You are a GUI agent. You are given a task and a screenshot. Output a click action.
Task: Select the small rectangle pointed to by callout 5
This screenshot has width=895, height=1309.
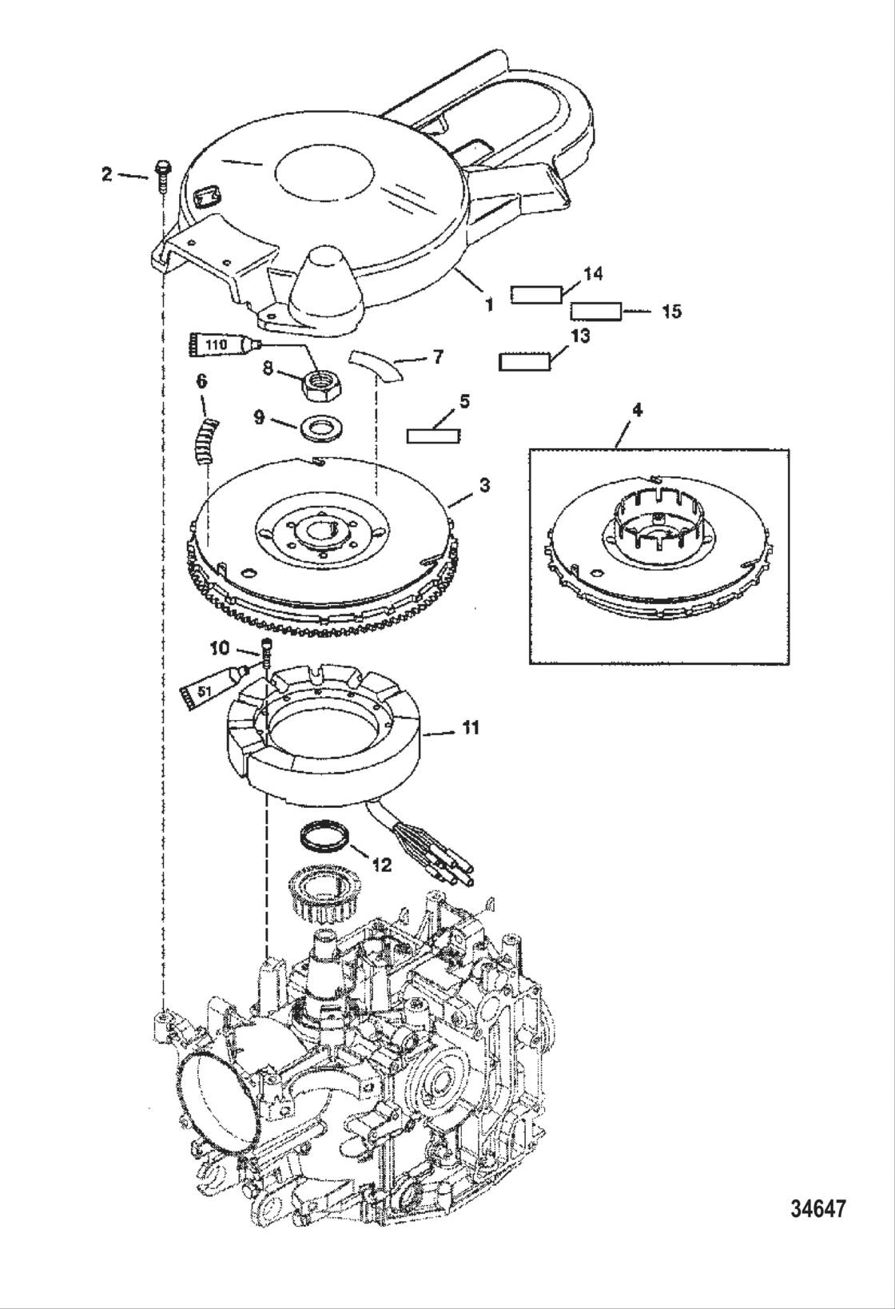click(434, 436)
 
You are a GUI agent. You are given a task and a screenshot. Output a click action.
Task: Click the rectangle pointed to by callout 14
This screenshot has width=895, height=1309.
click(535, 294)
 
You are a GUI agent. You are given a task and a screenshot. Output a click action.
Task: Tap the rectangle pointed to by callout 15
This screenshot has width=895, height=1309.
click(595, 311)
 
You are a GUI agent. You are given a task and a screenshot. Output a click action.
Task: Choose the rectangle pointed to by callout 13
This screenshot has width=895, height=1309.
click(524, 362)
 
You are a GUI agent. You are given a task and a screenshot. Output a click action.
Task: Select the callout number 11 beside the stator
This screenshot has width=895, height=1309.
click(471, 727)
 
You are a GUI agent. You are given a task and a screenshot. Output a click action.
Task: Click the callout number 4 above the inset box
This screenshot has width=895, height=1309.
click(636, 410)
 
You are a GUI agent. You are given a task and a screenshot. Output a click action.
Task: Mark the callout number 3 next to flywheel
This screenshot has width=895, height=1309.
click(485, 485)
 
